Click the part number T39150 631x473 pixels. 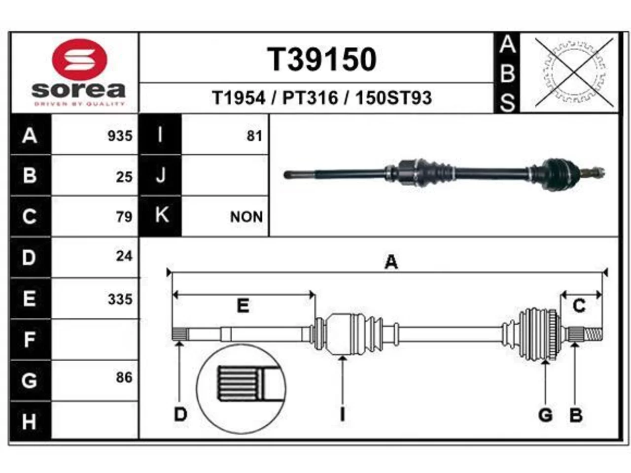click(x=322, y=60)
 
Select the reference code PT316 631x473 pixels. click(x=310, y=98)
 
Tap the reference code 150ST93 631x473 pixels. click(x=393, y=98)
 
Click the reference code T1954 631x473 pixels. click(x=238, y=98)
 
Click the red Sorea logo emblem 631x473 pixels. click(x=80, y=60)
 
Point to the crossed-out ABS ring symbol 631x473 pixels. click(x=574, y=72)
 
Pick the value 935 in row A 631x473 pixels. click(x=120, y=136)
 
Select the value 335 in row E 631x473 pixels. click(x=120, y=299)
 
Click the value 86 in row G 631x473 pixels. click(x=124, y=377)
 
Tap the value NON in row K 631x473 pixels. click(x=246, y=217)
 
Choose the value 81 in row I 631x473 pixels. click(x=254, y=136)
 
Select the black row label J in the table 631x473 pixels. click(x=160, y=175)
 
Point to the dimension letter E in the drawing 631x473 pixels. click(x=243, y=305)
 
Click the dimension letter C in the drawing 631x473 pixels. click(x=579, y=305)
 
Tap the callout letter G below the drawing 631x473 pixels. click(x=545, y=415)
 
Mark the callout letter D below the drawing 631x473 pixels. click(x=180, y=414)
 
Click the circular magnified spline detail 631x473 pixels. click(x=241, y=389)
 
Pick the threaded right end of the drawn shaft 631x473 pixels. click(x=593, y=335)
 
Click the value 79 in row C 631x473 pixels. click(x=124, y=217)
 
